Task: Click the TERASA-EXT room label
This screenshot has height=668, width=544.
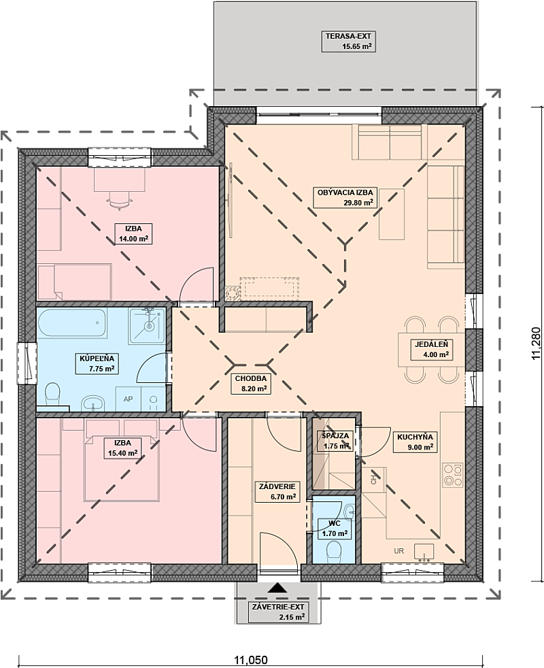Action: coord(348,41)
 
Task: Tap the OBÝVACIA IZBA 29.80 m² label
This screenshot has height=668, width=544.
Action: coord(345,197)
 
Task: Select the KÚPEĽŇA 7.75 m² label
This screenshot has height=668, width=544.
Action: coord(97,363)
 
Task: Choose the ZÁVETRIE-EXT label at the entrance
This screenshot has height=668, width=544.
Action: coord(279,612)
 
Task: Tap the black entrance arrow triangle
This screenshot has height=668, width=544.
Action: coord(278,588)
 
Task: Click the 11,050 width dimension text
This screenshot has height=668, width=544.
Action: coord(252,660)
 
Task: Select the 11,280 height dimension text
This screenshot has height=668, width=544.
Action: coord(536,344)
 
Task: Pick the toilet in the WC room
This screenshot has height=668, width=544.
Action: coord(333,552)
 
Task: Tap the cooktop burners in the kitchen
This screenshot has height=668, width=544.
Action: coord(453,474)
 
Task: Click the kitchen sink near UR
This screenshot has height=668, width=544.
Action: coord(424,551)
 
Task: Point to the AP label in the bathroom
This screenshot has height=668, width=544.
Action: coord(129,399)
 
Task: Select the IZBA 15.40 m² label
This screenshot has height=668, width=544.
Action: coord(122,448)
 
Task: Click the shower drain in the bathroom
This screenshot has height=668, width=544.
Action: coord(149,327)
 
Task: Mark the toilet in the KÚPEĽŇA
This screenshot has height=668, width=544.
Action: coord(53,394)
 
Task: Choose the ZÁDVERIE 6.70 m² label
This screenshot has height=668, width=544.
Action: coord(277,491)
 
